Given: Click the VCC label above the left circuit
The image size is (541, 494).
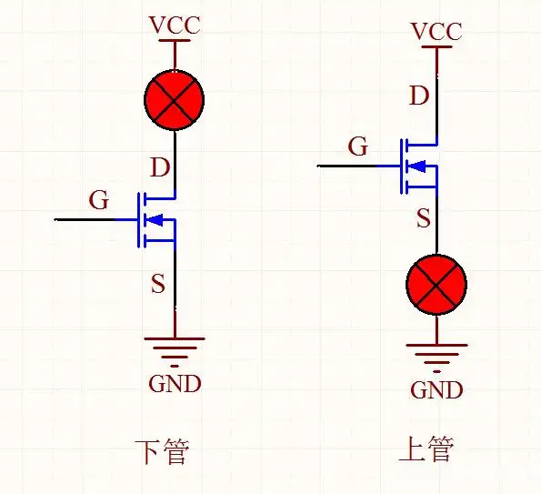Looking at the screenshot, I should click(174, 24).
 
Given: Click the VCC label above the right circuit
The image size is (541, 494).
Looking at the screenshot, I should click(436, 32).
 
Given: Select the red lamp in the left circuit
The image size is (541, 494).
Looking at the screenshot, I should click(174, 101).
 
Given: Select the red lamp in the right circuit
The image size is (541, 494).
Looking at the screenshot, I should click(436, 286).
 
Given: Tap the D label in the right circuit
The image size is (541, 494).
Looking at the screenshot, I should click(419, 95).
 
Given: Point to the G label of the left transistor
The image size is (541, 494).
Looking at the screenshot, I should click(99, 200).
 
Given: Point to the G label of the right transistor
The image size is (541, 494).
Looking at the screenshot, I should click(359, 146).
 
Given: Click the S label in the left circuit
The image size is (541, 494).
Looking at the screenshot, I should click(158, 284).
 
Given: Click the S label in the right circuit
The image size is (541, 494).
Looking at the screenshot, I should click(423, 217).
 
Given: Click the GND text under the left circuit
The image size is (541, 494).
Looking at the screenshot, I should click(175, 383).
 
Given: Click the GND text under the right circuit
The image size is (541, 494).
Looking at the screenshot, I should click(436, 390).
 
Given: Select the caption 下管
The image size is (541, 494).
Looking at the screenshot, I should click(161, 451).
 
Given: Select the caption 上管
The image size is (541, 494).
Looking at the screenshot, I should click(426, 449).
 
